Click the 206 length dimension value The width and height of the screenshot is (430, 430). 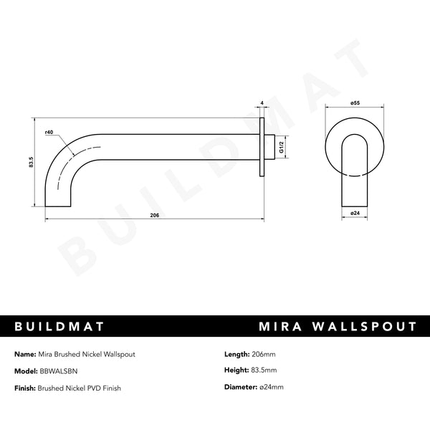(x=154, y=215)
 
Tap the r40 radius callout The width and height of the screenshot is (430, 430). (x=49, y=133)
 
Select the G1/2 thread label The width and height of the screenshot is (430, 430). (x=282, y=146)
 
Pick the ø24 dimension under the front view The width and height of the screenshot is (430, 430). (x=354, y=213)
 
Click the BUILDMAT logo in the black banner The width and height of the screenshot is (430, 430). (x=60, y=327)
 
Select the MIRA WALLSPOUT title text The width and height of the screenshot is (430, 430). (x=337, y=327)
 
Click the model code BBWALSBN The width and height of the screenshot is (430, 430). (x=61, y=371)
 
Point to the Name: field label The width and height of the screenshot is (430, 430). (x=26, y=354)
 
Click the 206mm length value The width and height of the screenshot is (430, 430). (x=265, y=354)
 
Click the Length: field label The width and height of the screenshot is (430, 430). (x=237, y=354)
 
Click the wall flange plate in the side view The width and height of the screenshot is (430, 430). (x=262, y=146)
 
